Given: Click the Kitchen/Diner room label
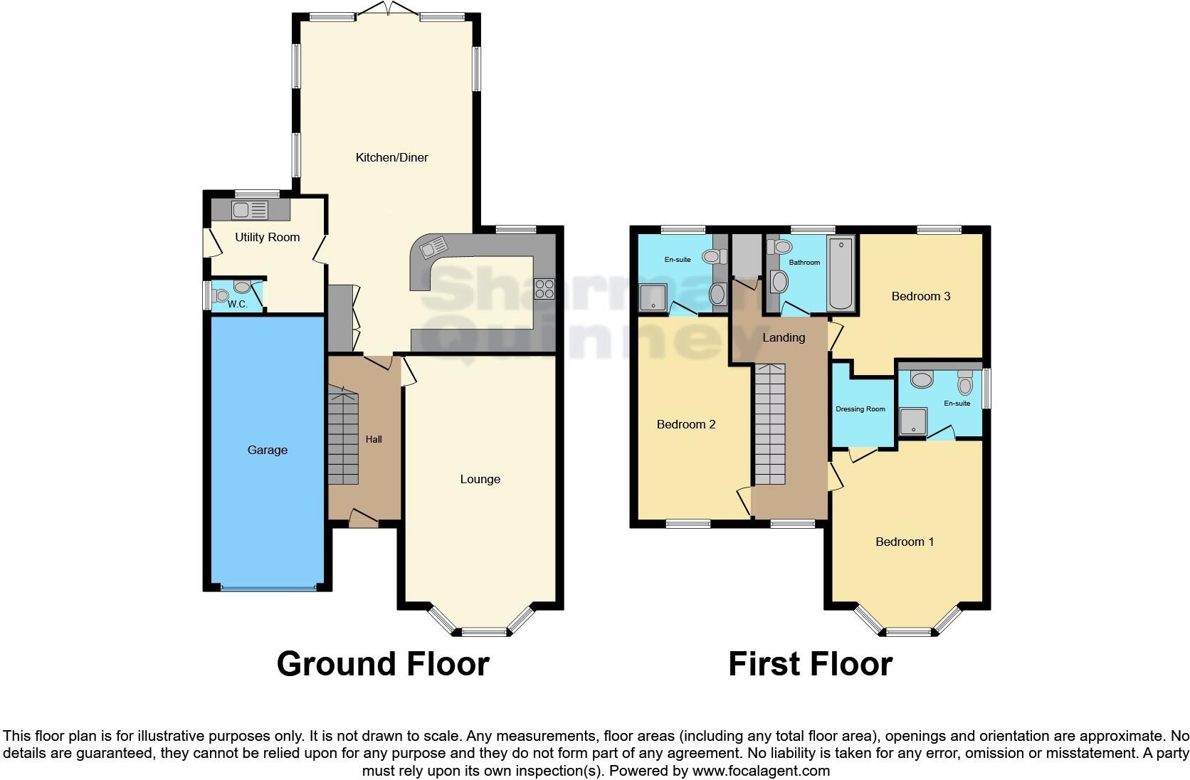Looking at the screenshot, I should click(391, 157).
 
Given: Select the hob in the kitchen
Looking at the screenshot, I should click(544, 289).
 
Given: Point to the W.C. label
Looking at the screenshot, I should click(238, 304).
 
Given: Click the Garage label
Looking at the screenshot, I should click(268, 450).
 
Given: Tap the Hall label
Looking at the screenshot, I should click(374, 439).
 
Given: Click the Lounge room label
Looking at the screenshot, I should click(480, 479).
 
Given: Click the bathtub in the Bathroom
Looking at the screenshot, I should click(842, 274).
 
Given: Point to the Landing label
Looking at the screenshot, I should click(784, 337).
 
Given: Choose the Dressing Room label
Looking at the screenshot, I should click(860, 409).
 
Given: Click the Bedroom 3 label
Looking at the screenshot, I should click(921, 296).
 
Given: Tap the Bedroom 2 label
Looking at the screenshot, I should click(686, 424).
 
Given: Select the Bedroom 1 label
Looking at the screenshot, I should click(905, 542).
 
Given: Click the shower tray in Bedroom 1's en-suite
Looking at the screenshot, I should click(914, 421).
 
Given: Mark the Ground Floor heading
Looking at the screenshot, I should click(383, 663).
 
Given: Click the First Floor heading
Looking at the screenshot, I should click(810, 663).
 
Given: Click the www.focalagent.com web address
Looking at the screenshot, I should click(761, 770).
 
